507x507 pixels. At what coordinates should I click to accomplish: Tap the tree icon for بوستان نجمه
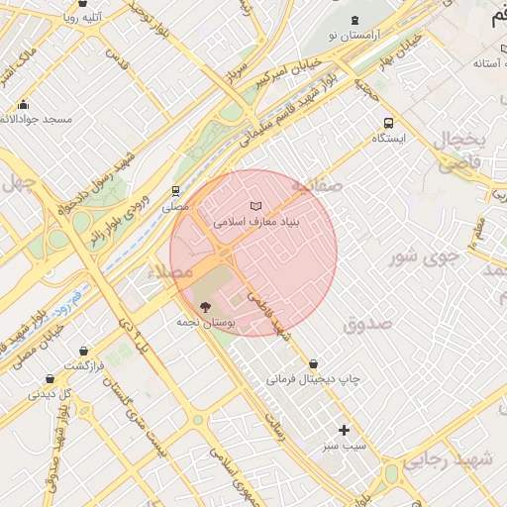[205, 307]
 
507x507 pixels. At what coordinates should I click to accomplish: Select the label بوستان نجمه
[206, 323]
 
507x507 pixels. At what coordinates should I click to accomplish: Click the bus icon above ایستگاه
[388, 124]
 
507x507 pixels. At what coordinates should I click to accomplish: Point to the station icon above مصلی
[175, 191]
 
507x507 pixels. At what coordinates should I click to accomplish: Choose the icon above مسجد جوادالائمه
[24, 104]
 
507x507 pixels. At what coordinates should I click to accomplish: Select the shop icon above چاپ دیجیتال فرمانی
[314, 363]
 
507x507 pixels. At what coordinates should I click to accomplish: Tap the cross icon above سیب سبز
[344, 430]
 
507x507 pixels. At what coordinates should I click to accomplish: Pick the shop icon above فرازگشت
[83, 351]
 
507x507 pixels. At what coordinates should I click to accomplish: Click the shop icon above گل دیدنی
[50, 378]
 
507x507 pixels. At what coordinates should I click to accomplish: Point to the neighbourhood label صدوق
[367, 324]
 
